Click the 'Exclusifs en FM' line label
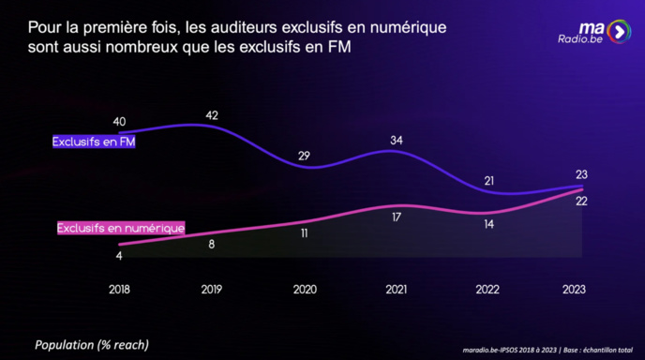(92, 142)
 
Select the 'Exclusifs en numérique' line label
(120, 228)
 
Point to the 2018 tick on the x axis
(119, 290)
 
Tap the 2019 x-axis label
(212, 290)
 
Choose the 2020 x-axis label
(304, 290)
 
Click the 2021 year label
(397, 290)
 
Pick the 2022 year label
(488, 290)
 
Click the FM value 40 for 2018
(119, 121)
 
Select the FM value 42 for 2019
(212, 116)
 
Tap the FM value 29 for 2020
(304, 156)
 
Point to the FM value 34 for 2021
(397, 141)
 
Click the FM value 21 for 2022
(488, 180)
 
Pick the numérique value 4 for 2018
(119, 256)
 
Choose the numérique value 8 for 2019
(212, 244)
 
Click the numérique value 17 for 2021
(397, 217)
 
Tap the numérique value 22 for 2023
(581, 202)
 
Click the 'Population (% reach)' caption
(92, 344)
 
